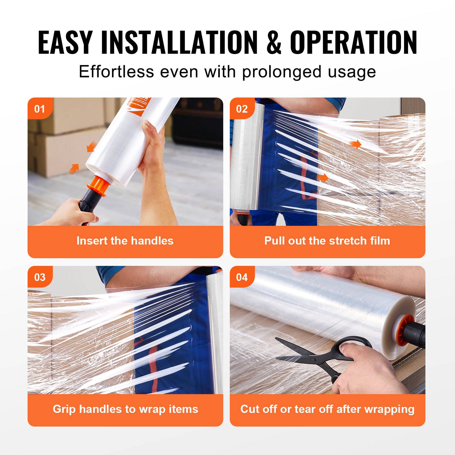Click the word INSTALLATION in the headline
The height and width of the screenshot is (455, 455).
click(x=179, y=43)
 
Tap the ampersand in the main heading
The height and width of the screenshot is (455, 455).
click(x=274, y=43)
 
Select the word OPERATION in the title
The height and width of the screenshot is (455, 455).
click(x=353, y=43)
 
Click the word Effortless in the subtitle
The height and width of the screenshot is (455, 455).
click(x=116, y=72)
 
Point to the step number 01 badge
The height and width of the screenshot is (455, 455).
click(x=40, y=109)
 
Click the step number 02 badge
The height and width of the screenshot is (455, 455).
click(x=242, y=109)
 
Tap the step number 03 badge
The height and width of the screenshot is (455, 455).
click(x=40, y=277)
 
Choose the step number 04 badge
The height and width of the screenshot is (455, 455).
click(x=242, y=277)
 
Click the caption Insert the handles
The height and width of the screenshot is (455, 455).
click(x=125, y=241)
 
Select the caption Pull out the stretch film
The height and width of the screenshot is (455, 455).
click(x=327, y=241)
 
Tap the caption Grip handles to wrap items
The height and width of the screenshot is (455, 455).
click(x=125, y=409)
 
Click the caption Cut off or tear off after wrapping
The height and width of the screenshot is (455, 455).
click(x=327, y=409)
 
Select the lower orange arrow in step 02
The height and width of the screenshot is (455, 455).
click(x=323, y=178)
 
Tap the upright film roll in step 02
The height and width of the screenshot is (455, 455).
click(x=247, y=156)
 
